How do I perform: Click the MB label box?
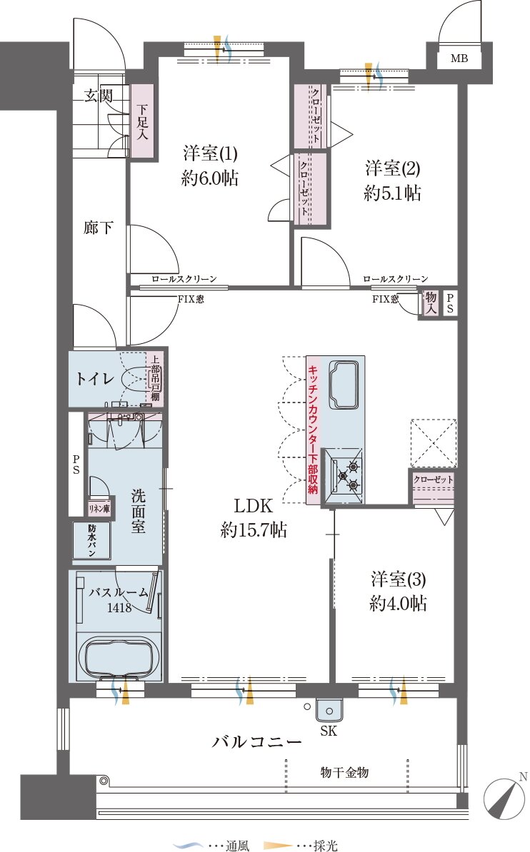[459, 58]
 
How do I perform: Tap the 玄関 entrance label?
[99, 96]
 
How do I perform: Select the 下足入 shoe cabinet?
[142, 122]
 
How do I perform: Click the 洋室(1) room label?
[210, 153]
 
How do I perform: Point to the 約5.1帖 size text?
[392, 193]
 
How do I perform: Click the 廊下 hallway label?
[99, 227]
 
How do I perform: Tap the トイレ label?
[95, 378]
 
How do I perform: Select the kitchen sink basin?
[344, 384]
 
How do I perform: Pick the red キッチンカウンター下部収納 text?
[313, 430]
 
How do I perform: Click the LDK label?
[253, 506]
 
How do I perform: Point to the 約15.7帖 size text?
[253, 529]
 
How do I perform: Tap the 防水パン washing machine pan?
[92, 540]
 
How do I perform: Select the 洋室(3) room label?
[399, 579]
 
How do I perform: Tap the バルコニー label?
[256, 741]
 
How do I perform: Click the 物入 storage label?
[431, 303]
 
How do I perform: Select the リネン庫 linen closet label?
[99, 509]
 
